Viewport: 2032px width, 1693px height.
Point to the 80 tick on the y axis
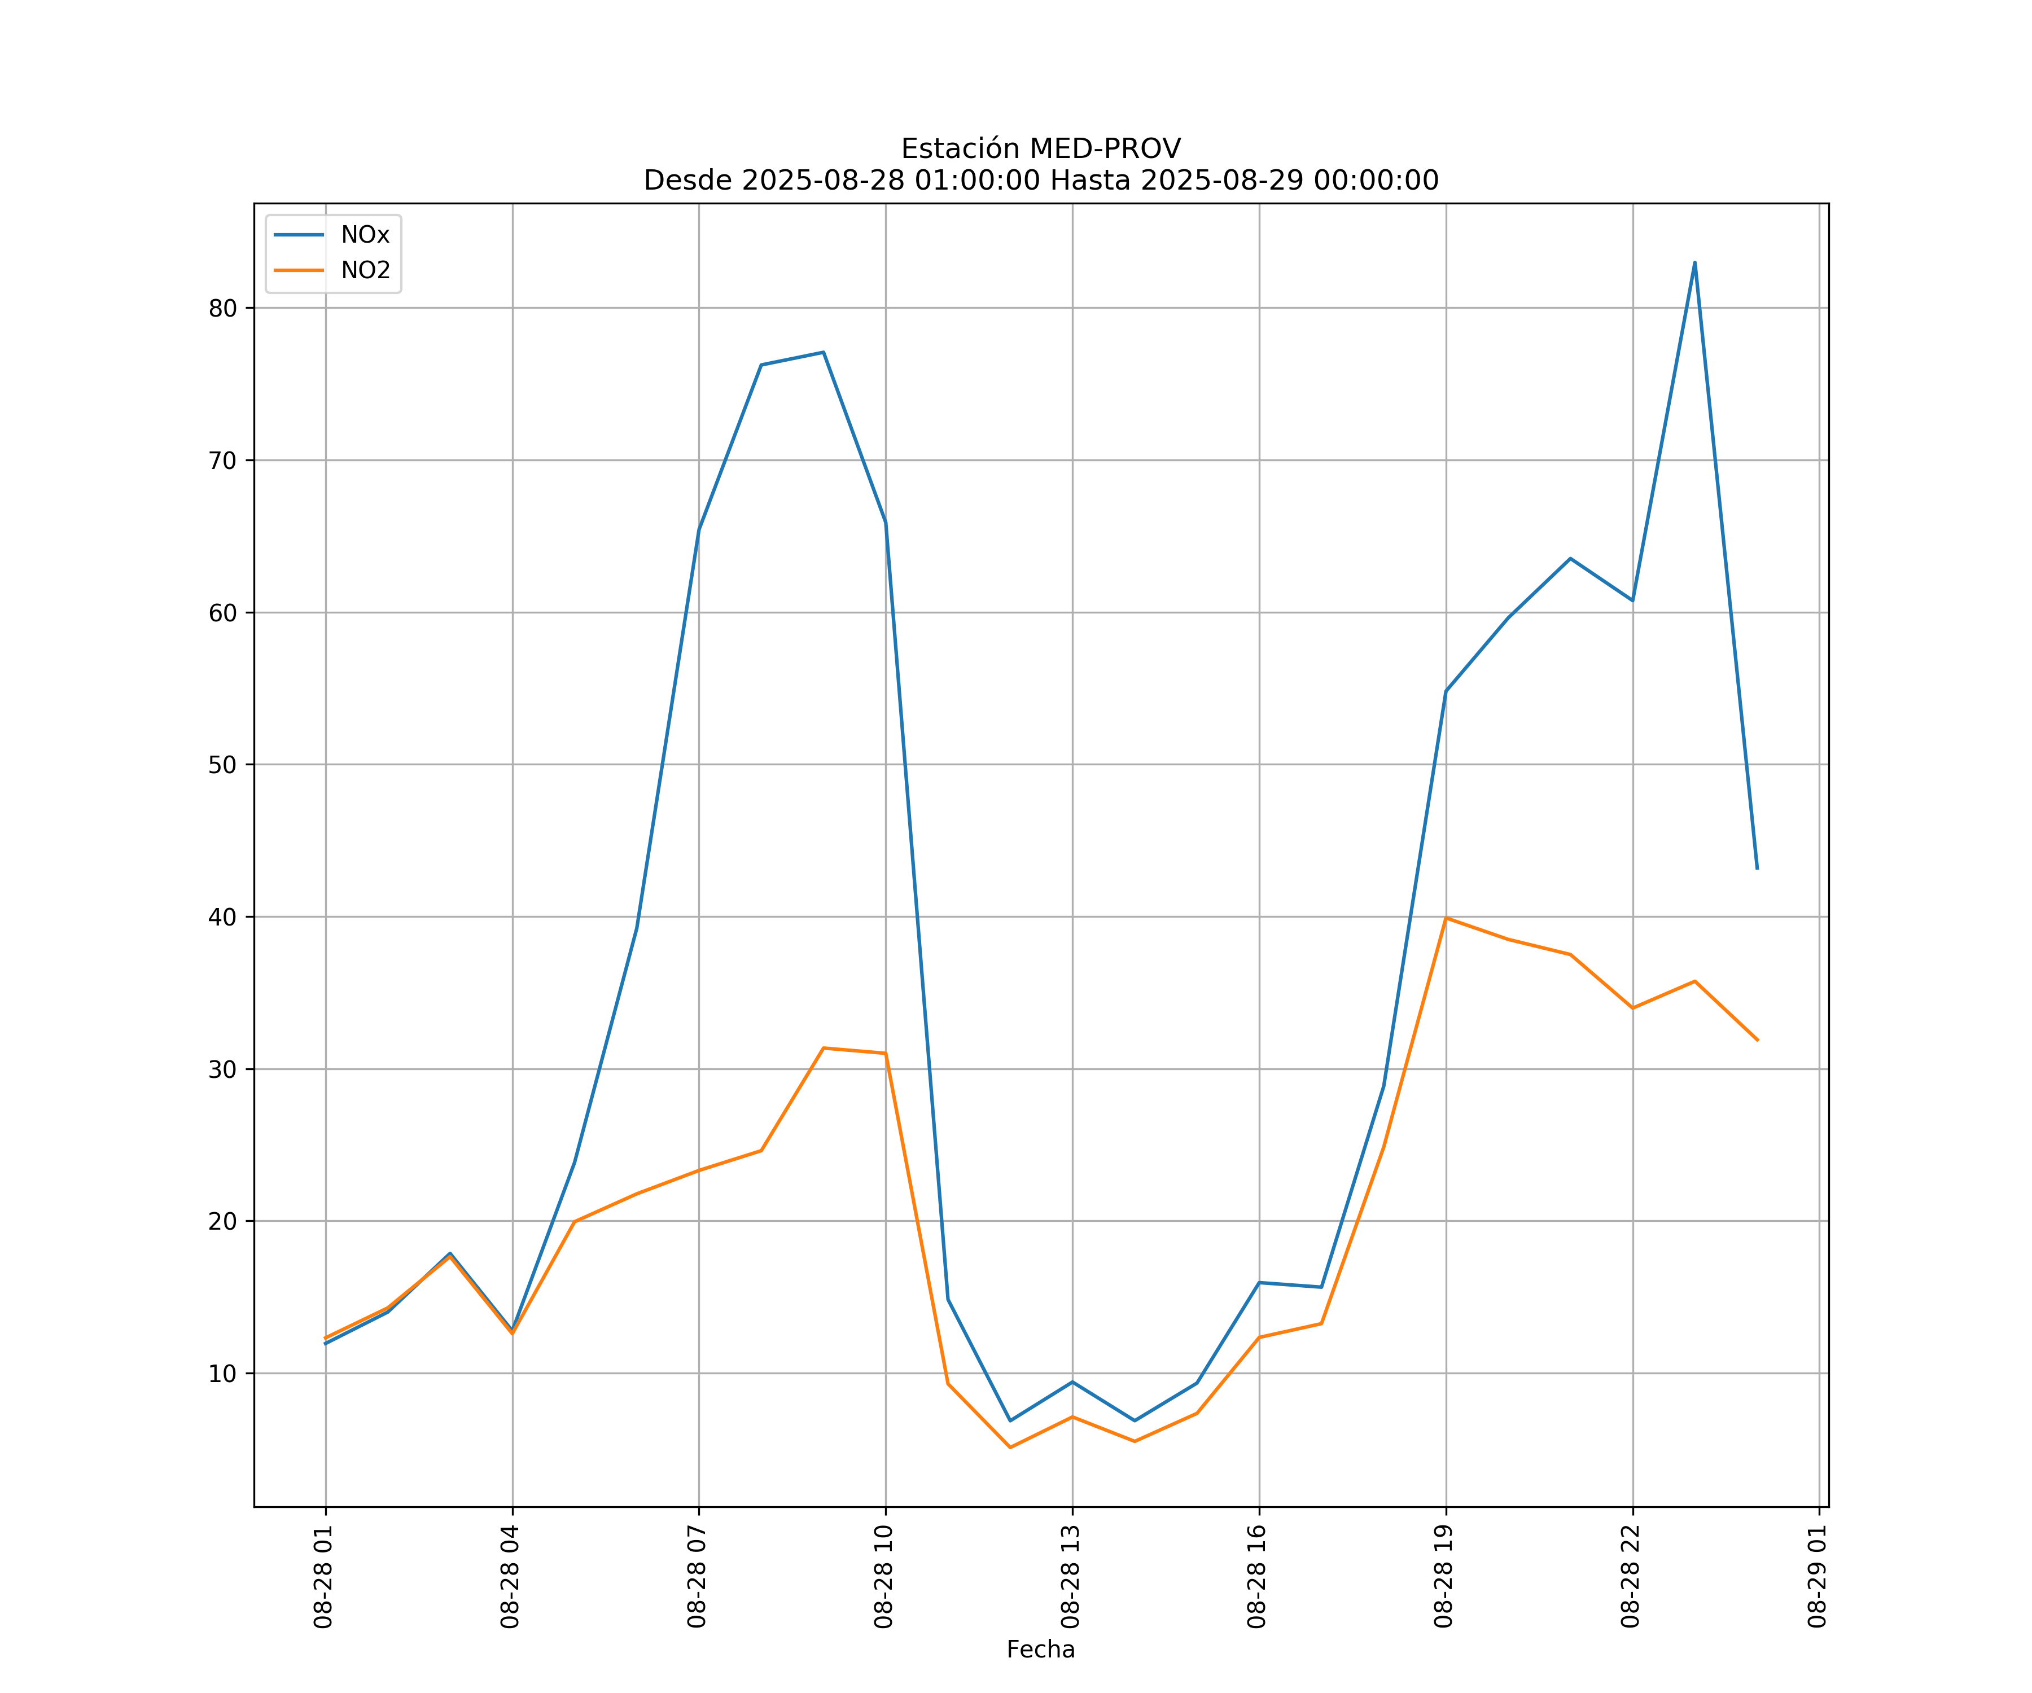[222, 309]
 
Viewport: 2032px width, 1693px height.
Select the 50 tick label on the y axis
[222, 765]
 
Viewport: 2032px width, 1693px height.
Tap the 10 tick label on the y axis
[222, 1374]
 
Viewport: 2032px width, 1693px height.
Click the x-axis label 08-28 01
[323, 1577]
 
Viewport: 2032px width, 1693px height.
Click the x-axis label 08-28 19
[1444, 1577]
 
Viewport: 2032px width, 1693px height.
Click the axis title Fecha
[1040, 1650]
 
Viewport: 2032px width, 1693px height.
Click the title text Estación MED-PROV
[1040, 149]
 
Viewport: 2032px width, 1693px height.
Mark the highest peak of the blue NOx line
[1694, 262]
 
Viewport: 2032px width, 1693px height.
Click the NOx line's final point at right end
[1757, 869]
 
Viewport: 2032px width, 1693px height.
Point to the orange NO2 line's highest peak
[1446, 918]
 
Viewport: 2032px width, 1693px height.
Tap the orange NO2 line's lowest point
[1010, 1448]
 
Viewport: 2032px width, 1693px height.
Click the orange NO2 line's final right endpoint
[1757, 1040]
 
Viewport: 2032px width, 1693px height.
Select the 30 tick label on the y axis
[222, 1069]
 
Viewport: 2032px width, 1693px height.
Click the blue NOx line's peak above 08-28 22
[1694, 262]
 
